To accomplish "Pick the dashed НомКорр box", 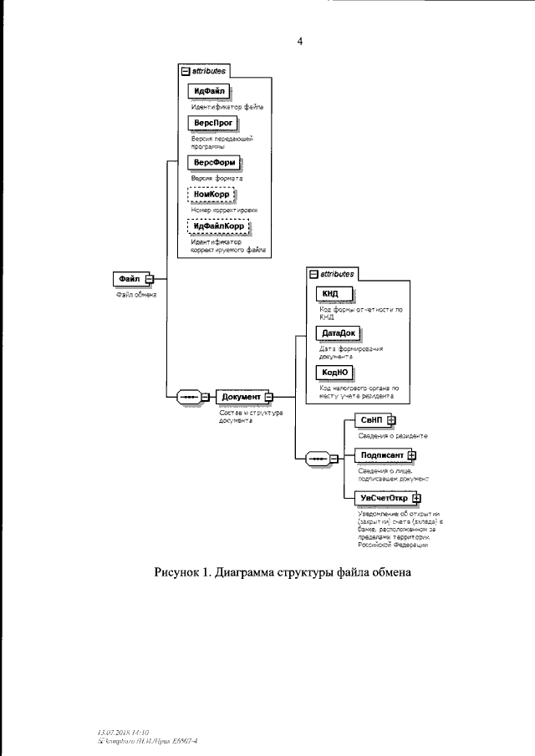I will coord(212,195).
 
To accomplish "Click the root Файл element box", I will coord(130,278).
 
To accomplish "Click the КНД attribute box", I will coord(330,294).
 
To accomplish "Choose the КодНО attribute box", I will coord(331,373).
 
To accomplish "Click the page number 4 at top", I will coord(299,42).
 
